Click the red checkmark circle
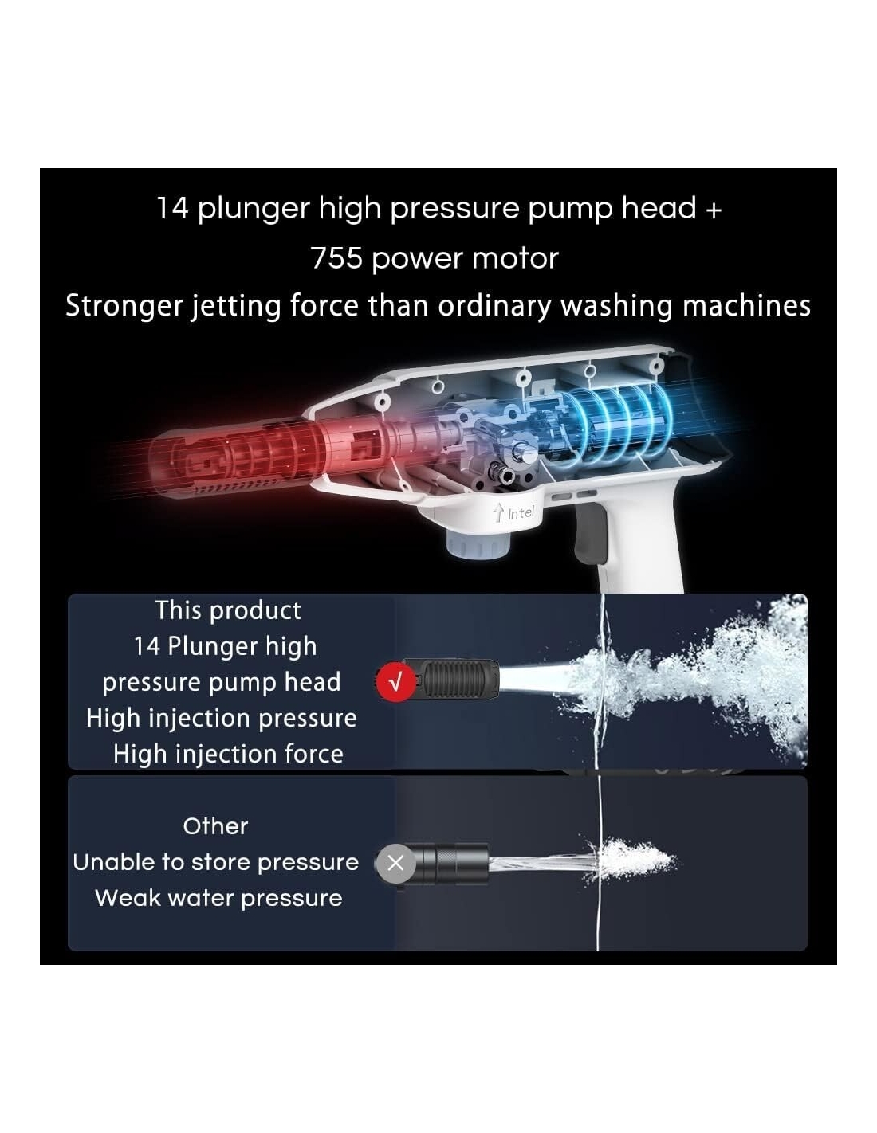[x=395, y=681]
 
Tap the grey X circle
[x=395, y=863]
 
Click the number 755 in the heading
[x=336, y=258]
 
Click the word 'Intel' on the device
[x=521, y=513]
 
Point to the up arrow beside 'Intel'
[x=499, y=512]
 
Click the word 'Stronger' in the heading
[x=124, y=306]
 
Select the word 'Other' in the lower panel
[x=215, y=826]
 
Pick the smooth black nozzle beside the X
[x=452, y=863]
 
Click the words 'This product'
[x=228, y=610]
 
